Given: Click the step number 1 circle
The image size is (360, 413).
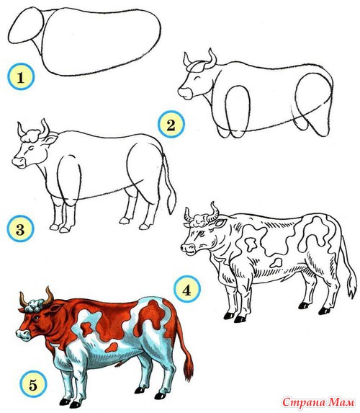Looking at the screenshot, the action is [21, 76].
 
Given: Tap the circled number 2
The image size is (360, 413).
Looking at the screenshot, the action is [171, 124].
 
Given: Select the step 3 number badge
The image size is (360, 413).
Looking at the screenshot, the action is [20, 228].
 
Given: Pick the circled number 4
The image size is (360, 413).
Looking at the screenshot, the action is [187, 289].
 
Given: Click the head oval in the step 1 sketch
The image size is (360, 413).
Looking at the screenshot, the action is [25, 25].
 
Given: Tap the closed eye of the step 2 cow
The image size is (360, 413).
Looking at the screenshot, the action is [197, 78].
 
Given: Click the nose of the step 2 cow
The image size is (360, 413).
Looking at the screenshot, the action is [185, 93].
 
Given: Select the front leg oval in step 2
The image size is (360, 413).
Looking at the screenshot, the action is [237, 110].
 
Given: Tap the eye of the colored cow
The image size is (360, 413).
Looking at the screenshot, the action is [36, 318].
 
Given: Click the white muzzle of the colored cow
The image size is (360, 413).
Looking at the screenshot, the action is [23, 334].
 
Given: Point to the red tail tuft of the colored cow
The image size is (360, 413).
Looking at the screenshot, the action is [189, 368].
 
